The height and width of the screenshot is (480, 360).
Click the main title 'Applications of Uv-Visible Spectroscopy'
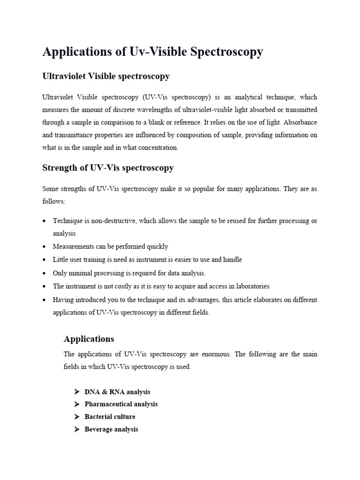(x=153, y=52)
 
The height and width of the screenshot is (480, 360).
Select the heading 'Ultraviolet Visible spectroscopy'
(x=106, y=76)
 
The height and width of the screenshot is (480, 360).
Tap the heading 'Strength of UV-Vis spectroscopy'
(x=108, y=167)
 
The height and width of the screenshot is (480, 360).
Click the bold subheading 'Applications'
(x=89, y=338)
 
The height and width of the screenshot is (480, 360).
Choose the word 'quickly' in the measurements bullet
(x=157, y=247)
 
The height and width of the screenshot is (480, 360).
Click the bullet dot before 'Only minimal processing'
(x=44, y=273)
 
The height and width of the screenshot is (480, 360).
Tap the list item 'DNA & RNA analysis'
(x=117, y=392)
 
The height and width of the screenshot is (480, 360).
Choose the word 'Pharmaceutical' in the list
(x=106, y=404)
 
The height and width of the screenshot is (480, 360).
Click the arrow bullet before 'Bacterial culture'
(x=77, y=417)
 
